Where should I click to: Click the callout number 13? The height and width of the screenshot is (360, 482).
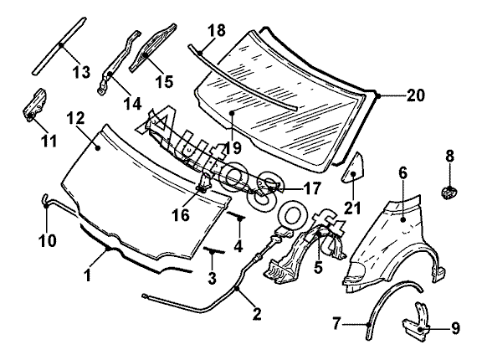click(81, 72)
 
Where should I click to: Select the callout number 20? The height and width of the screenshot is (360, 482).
click(416, 95)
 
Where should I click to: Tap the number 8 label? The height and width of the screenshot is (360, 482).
click(449, 156)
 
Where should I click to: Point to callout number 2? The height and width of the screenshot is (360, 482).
click(257, 314)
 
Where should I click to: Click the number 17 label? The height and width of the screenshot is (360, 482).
click(311, 188)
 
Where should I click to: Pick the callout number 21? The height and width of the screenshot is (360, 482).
click(352, 208)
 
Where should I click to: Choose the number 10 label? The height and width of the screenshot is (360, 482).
click(48, 239)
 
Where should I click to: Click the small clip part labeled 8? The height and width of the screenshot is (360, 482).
click(449, 193)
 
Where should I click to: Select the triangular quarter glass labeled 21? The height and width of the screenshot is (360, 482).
click(353, 168)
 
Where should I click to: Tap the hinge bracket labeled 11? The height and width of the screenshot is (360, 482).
click(34, 105)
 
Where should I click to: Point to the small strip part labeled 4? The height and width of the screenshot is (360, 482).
click(236, 215)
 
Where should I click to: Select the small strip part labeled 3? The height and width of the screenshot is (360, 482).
click(213, 250)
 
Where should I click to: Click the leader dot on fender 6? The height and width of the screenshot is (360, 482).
click(403, 219)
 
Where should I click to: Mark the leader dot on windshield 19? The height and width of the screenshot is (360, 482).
click(232, 113)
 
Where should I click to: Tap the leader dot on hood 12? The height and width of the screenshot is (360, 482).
click(98, 148)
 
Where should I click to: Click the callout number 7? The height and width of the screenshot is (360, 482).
click(337, 323)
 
